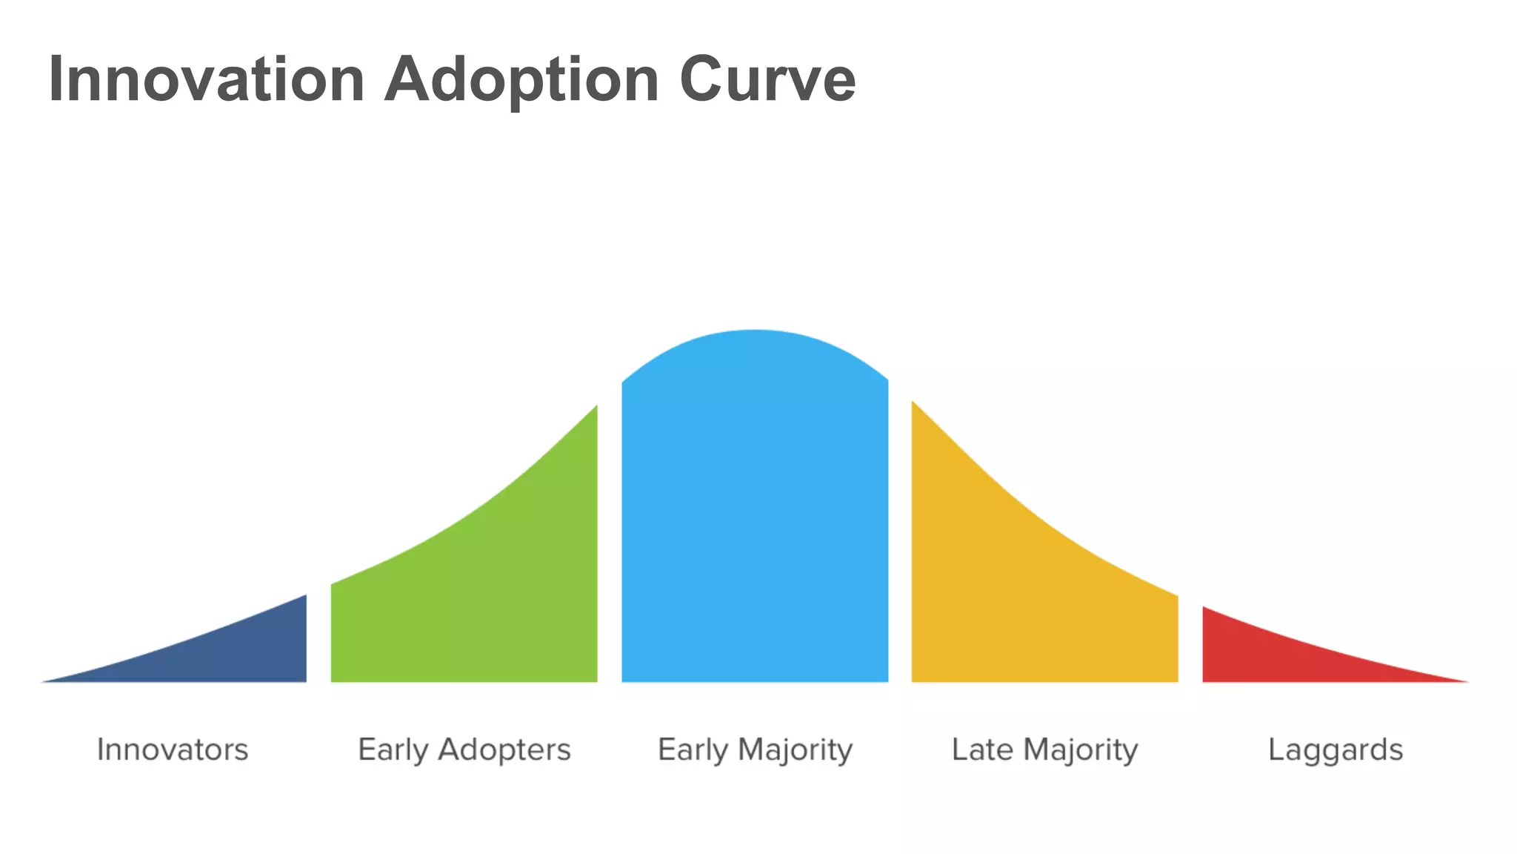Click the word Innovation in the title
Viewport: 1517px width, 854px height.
click(x=207, y=79)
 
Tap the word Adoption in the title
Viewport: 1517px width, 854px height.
click(x=521, y=79)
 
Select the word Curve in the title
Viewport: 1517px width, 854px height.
click(x=767, y=79)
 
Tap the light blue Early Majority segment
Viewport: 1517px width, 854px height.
click(x=755, y=519)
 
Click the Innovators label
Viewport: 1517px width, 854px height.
click(x=173, y=749)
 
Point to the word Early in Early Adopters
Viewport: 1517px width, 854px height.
click(x=393, y=750)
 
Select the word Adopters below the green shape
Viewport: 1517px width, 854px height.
click(x=504, y=750)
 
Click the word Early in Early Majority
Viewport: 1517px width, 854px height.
click(x=693, y=750)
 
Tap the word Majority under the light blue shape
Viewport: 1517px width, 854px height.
click(x=796, y=750)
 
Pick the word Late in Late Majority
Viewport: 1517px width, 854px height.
click(x=982, y=749)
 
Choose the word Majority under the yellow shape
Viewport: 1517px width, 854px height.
click(x=1081, y=750)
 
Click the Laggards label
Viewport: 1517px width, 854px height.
click(x=1336, y=750)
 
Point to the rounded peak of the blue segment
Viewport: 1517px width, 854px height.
click(x=755, y=334)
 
